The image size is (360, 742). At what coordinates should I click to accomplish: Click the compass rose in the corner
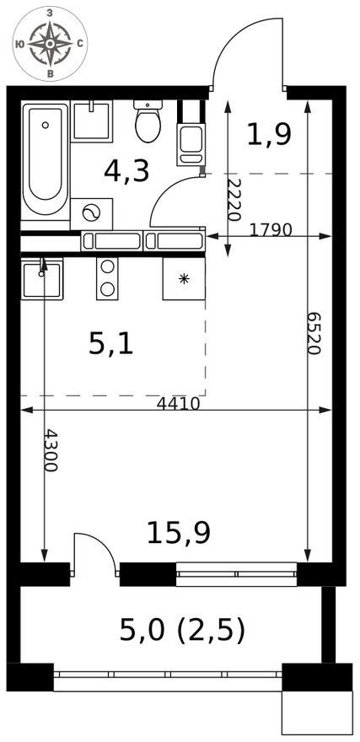coord(50,44)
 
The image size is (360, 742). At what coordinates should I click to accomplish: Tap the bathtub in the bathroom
coord(46,159)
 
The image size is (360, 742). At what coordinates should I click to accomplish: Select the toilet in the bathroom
coord(148,121)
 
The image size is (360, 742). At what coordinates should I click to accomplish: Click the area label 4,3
coord(126,171)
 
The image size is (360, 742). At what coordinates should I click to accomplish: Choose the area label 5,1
coord(111,344)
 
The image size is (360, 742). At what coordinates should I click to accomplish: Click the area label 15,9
coord(179,532)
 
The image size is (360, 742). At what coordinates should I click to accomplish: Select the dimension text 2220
coord(234,200)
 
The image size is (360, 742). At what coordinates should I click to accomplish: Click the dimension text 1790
coord(270,230)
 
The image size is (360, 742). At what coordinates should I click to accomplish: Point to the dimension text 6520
coord(314,333)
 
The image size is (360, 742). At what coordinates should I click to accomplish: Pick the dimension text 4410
coord(179,404)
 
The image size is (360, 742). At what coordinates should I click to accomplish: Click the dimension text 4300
coord(51,450)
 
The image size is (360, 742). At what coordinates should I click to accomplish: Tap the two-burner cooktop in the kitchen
coord(107,279)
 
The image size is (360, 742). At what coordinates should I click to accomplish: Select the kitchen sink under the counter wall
coord(42,279)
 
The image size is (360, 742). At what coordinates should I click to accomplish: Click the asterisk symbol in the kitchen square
coord(184,279)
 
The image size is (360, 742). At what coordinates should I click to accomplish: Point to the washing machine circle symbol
coord(91,213)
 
